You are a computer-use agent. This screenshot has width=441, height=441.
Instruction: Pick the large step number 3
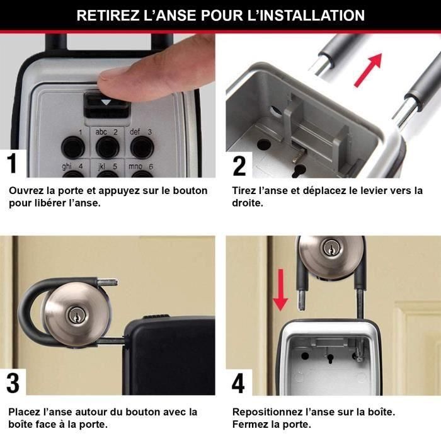click(x=13, y=382)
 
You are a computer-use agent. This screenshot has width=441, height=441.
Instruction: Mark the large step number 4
click(x=239, y=382)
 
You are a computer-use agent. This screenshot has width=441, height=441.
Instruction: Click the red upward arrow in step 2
click(x=369, y=69)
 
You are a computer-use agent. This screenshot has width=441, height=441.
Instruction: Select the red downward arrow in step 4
click(x=280, y=289)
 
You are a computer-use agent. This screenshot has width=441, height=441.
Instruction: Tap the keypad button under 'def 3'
click(x=142, y=147)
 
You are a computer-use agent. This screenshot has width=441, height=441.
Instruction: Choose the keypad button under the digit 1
click(x=73, y=147)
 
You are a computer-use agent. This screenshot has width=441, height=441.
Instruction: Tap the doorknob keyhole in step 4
click(x=330, y=249)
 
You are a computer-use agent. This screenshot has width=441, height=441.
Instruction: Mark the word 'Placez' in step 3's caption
click(x=24, y=412)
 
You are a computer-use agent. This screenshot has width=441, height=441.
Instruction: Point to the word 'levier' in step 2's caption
click(x=367, y=191)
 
